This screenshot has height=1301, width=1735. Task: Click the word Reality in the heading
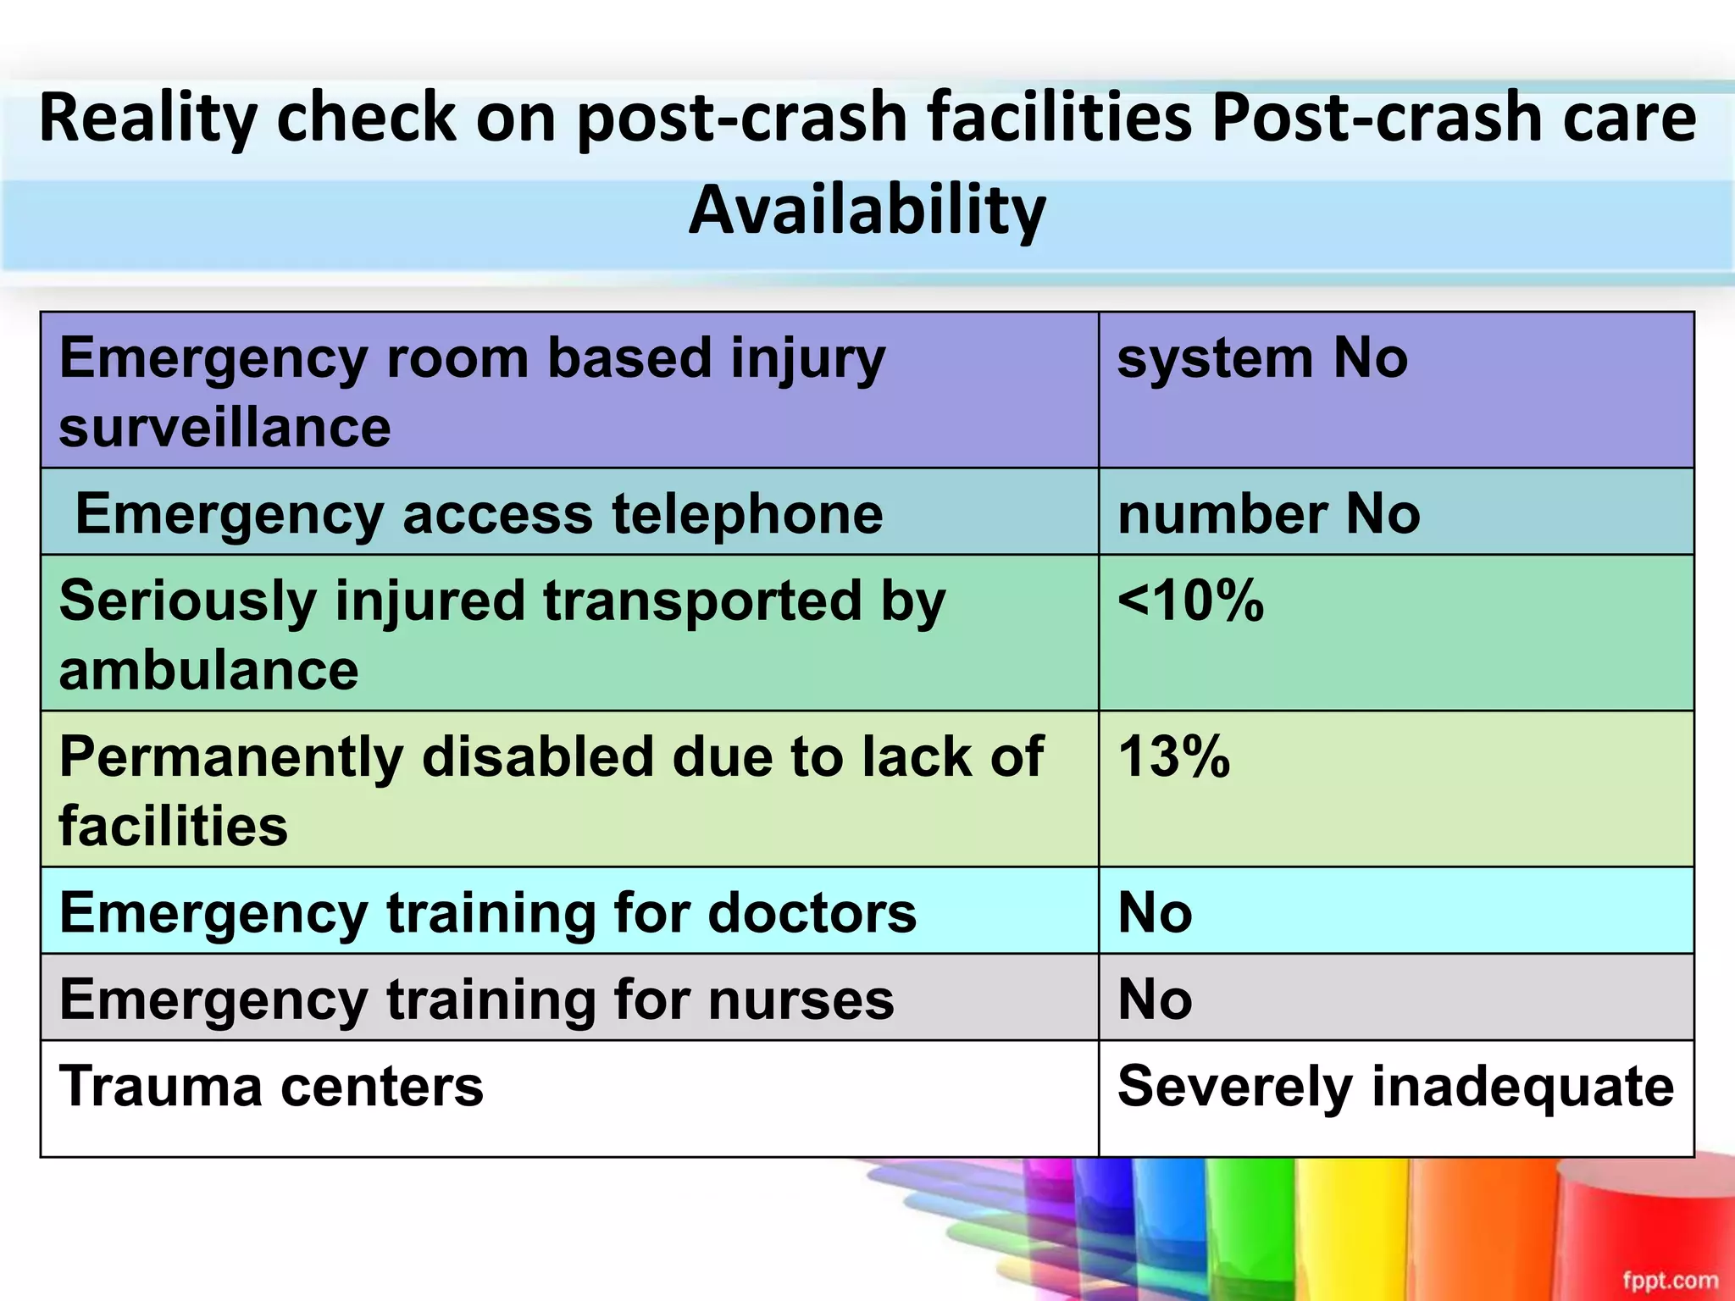click(147, 119)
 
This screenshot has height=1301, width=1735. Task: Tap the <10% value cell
click(1190, 601)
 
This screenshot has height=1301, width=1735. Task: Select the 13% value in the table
click(1173, 756)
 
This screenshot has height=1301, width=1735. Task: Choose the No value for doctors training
click(1155, 913)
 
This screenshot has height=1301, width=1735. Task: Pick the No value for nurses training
click(1155, 999)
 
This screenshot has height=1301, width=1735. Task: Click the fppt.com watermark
click(1670, 1280)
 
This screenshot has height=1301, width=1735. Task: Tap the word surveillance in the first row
click(224, 427)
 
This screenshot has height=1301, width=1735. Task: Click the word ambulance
click(208, 671)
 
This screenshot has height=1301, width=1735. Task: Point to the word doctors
click(812, 913)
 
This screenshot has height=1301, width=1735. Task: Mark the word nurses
click(801, 999)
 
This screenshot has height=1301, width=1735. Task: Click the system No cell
click(1262, 358)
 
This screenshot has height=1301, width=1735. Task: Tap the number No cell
click(1268, 514)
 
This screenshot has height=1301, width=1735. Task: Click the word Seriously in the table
click(187, 601)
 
